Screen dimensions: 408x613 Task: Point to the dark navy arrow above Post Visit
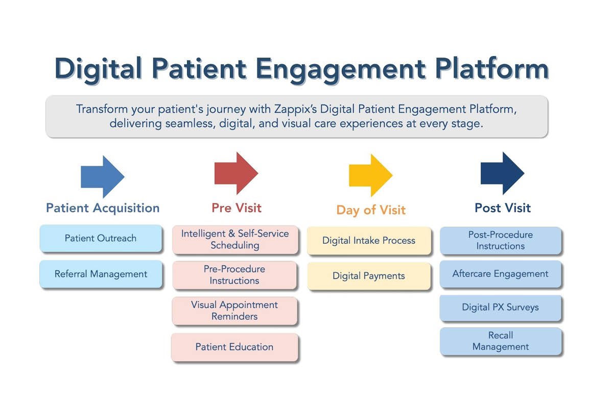pyautogui.click(x=502, y=173)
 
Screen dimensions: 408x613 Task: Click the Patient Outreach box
pyautogui.click(x=101, y=238)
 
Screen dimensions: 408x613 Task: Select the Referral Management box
pyautogui.click(x=101, y=274)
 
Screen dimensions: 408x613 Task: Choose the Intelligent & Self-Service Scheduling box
pyautogui.click(x=234, y=239)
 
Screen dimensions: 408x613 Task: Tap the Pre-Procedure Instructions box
pyautogui.click(x=234, y=275)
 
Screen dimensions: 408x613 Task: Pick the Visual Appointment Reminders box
pyautogui.click(x=234, y=311)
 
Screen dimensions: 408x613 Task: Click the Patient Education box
pyautogui.click(x=234, y=347)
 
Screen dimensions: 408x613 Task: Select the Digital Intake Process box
pyautogui.click(x=369, y=240)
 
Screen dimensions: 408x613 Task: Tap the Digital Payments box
pyautogui.click(x=369, y=276)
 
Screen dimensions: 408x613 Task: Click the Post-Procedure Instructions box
pyautogui.click(x=501, y=240)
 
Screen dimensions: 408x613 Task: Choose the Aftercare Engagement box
pyautogui.click(x=501, y=274)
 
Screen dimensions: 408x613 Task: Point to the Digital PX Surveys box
pyautogui.click(x=501, y=308)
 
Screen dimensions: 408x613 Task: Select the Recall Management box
pyautogui.click(x=501, y=341)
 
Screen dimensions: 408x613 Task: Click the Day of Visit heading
pyautogui.click(x=371, y=210)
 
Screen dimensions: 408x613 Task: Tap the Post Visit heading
pyautogui.click(x=503, y=208)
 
